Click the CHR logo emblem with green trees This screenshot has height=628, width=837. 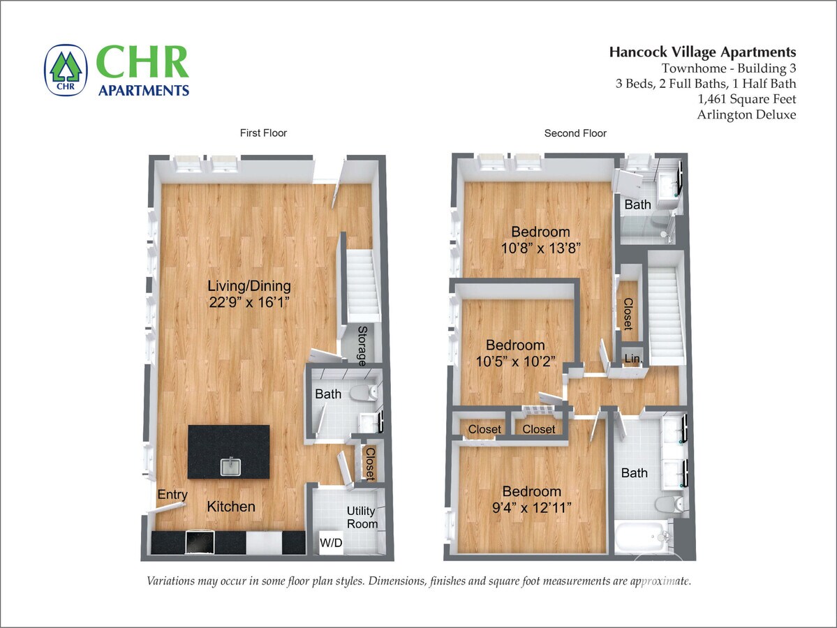[66, 70]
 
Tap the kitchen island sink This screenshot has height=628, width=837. [230, 466]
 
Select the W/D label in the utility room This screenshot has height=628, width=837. [332, 543]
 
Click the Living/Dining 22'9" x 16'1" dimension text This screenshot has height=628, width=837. [249, 303]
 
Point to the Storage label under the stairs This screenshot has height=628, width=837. [362, 346]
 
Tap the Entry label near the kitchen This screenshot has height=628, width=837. [172, 495]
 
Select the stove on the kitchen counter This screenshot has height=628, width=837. [200, 542]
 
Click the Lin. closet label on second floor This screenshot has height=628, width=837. [632, 359]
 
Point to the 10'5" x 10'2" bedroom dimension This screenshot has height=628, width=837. [515, 361]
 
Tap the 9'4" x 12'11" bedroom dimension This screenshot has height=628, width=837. [532, 507]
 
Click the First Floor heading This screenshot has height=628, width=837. [263, 133]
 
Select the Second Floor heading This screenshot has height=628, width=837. [575, 133]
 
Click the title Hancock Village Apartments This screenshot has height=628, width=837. [702, 52]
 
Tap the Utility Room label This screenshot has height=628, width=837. [362, 518]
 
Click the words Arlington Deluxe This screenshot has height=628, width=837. [746, 114]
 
